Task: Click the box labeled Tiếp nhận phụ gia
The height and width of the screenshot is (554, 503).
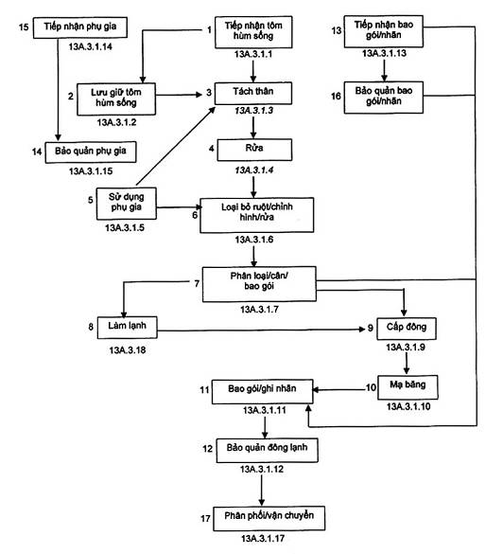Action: pos(80,27)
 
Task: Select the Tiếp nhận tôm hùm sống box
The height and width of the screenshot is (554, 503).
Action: pos(253,32)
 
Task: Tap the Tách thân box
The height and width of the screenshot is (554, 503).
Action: pos(253,93)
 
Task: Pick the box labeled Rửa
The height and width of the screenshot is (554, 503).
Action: pos(254,150)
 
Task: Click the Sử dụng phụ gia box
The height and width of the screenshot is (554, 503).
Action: pos(127,204)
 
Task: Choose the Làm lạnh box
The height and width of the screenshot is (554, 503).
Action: pos(127,328)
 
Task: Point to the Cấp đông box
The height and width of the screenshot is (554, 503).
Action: pos(407,329)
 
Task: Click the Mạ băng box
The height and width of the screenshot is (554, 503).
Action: pos(408,387)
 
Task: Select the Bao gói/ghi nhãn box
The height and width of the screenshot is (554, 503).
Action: pos(262,392)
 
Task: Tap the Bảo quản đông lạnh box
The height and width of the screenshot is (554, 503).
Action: pos(267,451)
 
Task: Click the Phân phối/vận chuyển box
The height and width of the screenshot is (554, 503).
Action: pos(269,518)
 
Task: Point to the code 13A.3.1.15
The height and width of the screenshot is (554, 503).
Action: pos(91,171)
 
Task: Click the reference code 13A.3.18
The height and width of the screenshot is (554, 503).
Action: pos(128,350)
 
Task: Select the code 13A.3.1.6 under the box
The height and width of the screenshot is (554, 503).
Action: pos(254,240)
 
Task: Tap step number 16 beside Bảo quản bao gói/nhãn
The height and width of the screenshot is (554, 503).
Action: pos(336,96)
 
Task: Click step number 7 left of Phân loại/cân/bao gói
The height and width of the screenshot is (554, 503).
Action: pos(197,283)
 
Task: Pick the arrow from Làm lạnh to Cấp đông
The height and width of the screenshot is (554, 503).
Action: pos(261,330)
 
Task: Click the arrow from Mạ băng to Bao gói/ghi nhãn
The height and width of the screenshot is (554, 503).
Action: pos(339,390)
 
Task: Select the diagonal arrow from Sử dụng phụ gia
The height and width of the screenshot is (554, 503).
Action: pos(176,146)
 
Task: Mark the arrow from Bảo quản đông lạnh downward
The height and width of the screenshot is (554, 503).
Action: pos(261,491)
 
